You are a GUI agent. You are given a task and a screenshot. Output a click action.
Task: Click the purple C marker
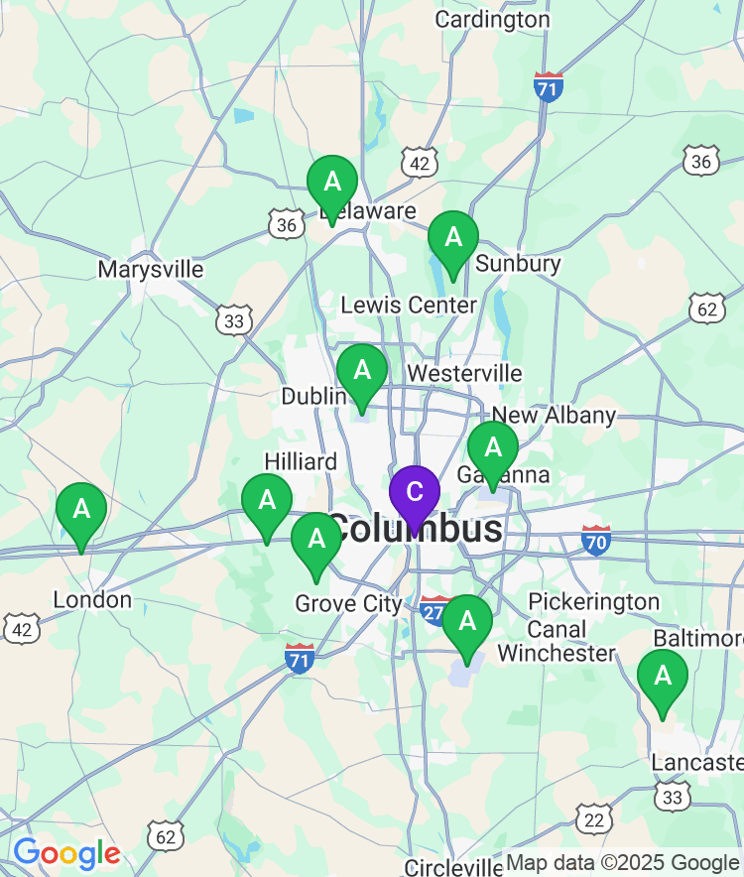(415, 493)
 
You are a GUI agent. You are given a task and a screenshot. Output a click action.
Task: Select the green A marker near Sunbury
(453, 239)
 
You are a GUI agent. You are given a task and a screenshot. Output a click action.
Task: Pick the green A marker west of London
(81, 511)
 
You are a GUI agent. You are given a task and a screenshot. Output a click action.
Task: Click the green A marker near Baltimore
(662, 678)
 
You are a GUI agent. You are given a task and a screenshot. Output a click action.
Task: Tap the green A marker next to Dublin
(362, 372)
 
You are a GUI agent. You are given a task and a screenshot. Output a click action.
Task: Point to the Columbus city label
(415, 529)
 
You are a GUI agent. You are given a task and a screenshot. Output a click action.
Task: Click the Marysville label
(151, 269)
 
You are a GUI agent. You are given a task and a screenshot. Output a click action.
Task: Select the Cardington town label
(492, 19)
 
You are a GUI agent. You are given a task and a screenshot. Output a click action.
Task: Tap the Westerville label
(464, 373)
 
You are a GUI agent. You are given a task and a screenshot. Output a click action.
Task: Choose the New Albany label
(554, 415)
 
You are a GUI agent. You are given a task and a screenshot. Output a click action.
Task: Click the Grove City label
(348, 603)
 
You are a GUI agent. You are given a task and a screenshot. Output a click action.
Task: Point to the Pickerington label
(593, 601)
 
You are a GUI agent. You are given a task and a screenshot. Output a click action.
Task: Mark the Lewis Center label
(409, 305)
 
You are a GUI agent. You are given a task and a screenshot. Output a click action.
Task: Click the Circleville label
(454, 867)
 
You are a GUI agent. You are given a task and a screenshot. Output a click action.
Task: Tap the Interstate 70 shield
(596, 541)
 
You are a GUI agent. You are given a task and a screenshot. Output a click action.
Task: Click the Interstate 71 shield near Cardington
(548, 86)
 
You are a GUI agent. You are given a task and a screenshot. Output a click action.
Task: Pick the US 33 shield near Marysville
(233, 319)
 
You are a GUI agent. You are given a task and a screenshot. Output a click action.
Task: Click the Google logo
(66, 852)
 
